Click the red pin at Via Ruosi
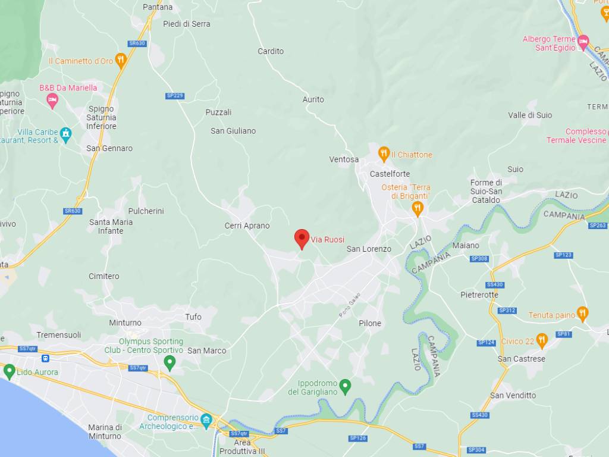(x=302, y=239)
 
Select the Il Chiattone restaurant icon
(x=384, y=154)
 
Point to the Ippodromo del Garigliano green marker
(x=345, y=387)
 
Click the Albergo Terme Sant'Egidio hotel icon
(x=583, y=42)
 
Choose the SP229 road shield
(x=175, y=96)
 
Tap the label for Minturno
(x=125, y=323)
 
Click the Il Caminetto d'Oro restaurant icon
(x=121, y=60)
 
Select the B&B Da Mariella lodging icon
(x=52, y=100)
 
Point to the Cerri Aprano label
(x=247, y=226)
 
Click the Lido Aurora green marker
(x=9, y=372)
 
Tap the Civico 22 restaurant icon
(x=541, y=341)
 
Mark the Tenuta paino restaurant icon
(x=582, y=314)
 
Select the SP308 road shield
(x=479, y=258)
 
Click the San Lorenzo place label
(x=369, y=249)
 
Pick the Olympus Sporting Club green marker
(x=170, y=362)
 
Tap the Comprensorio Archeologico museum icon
(x=206, y=421)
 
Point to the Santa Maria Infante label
(x=111, y=226)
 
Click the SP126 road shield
(x=357, y=438)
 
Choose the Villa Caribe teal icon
(x=65, y=133)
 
